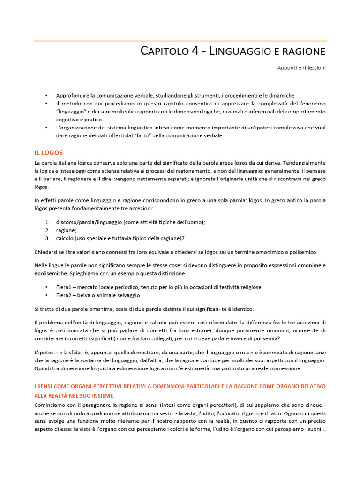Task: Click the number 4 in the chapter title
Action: coord(195,51)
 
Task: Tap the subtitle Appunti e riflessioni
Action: coord(301,68)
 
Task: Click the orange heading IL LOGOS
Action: coord(48,153)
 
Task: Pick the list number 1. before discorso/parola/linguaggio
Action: coord(47,222)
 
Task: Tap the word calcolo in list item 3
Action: coord(65,238)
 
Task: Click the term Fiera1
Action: coord(65,287)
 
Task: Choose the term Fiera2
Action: coord(65,295)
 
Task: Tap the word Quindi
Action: coord(44,368)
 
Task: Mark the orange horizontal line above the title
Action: coord(180,41)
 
